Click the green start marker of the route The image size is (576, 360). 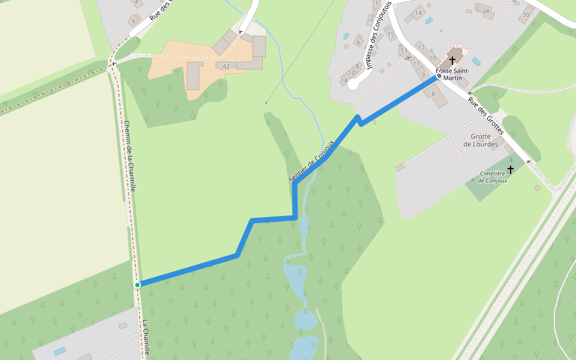click(137, 284)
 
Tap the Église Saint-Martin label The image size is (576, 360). click(452, 74)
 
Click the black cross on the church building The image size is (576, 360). click(452, 60)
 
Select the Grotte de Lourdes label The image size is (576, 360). click(481, 140)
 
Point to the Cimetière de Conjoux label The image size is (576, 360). click(493, 177)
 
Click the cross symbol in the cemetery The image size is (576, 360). click(511, 170)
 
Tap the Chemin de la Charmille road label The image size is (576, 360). click(130, 156)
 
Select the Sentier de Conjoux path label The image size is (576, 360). click(311, 161)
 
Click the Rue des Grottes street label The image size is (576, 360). click(486, 115)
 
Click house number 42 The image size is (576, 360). click(226, 66)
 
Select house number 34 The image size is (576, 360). click(486, 11)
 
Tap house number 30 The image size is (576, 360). click(526, 14)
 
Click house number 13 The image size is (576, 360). click(404, 50)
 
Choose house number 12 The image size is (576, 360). click(421, 47)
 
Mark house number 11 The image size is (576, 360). click(416, 63)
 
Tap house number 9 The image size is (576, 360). click(423, 75)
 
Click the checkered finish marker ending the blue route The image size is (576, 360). click(439, 76)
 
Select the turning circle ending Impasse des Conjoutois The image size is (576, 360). click(353, 85)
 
